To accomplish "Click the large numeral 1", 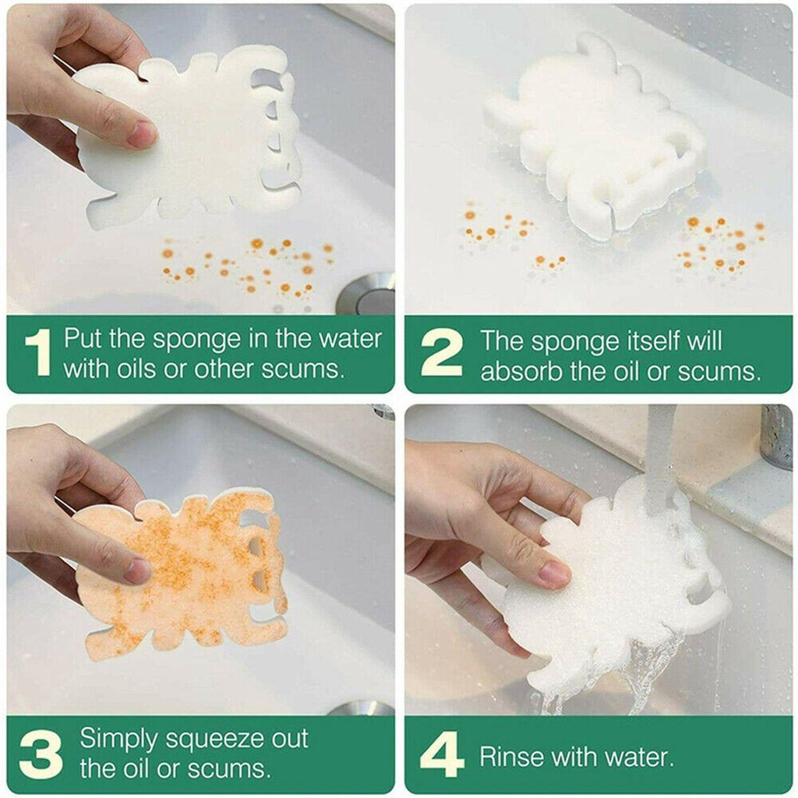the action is [39, 352].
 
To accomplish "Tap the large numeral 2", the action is [442, 352].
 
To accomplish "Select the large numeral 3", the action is [41, 754].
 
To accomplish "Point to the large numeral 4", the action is [442, 754].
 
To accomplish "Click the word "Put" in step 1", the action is [83, 338].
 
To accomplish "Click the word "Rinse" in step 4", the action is [513, 757].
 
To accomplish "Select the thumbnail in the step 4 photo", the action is [555, 574].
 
